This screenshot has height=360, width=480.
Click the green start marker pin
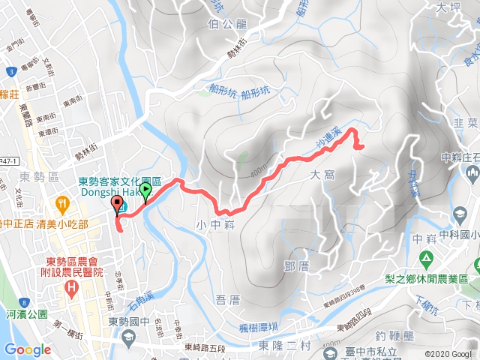(x=145, y=192)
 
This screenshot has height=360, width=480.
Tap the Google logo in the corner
(x=27, y=349)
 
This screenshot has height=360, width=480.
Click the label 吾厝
(x=227, y=300)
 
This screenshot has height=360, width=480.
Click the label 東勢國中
(x=124, y=322)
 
